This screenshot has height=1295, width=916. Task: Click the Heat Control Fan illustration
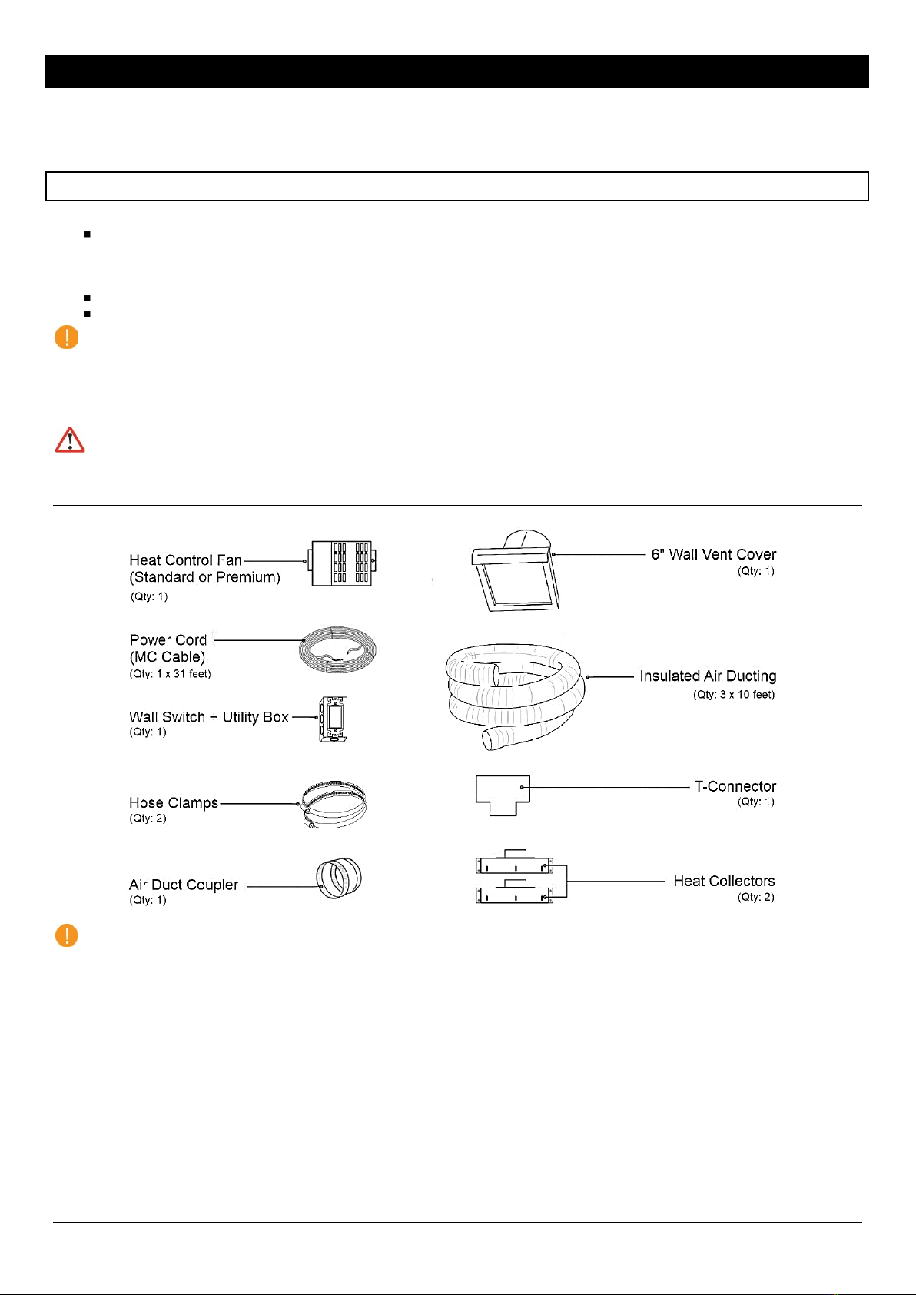341,563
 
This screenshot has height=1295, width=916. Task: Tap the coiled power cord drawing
337,650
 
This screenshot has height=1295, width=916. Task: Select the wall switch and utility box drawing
334,719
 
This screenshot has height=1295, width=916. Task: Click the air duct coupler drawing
338,878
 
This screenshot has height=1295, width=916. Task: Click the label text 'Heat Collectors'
724,881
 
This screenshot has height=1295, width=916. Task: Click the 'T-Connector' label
735,786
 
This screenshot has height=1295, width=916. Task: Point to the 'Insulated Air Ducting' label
708,676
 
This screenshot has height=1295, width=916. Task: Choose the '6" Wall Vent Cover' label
713,554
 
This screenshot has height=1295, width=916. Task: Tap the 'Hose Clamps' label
174,802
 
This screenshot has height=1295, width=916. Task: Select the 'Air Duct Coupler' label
184,885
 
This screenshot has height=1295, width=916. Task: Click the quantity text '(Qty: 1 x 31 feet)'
170,674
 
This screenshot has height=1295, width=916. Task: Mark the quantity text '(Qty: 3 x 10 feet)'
734,695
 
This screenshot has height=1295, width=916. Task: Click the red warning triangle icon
70,440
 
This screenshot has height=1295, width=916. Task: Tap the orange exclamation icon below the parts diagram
67,935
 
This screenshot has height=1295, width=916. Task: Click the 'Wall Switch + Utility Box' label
209,717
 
